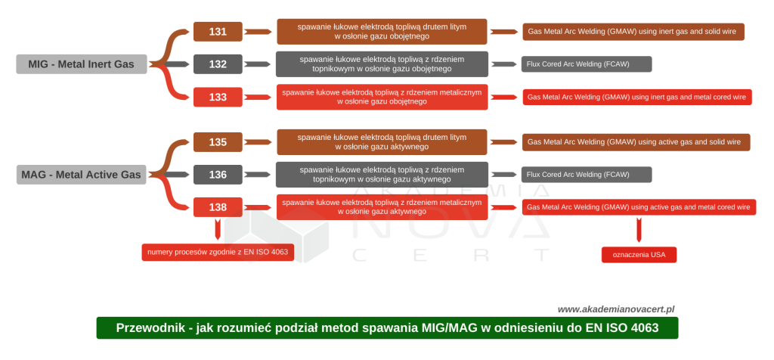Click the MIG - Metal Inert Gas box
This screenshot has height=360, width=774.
point(82,64)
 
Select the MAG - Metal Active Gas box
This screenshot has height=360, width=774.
point(82,175)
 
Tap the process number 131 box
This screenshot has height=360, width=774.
point(218,32)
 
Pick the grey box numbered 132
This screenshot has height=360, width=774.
point(218,64)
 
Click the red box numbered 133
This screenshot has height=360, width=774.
point(218,97)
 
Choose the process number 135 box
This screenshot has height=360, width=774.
point(218,142)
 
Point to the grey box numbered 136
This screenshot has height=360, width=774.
point(218,175)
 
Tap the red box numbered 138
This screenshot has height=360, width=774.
point(218,206)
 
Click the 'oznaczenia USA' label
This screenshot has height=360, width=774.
point(639,255)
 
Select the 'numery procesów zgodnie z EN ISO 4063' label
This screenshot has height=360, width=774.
point(218,252)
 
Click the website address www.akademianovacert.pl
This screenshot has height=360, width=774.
point(616,309)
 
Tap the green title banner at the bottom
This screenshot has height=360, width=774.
point(387,328)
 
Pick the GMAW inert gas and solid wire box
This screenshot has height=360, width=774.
point(633,32)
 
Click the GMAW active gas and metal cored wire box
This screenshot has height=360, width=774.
point(639,206)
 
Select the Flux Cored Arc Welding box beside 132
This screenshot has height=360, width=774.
point(587,64)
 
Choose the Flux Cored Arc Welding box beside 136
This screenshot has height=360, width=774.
point(587,175)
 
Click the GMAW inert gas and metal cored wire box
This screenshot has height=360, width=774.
point(637,97)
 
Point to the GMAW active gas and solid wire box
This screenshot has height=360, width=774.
point(636,142)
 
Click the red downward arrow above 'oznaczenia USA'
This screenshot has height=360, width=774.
point(639,229)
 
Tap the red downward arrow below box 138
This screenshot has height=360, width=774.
point(218,229)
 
